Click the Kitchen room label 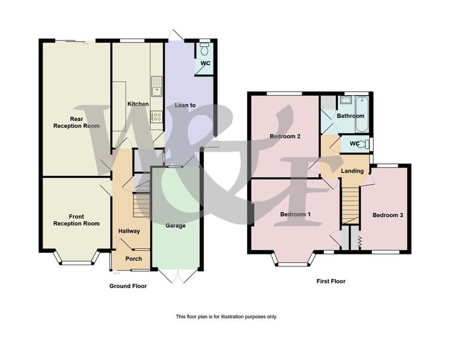click(x=138, y=104)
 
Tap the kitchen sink click(x=157, y=86)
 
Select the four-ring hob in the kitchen click(x=157, y=116)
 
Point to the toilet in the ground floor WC click(x=205, y=49)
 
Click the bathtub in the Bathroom click(x=362, y=114)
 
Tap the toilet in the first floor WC click(x=364, y=143)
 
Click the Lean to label click(x=185, y=106)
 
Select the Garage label click(x=175, y=226)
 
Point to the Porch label click(x=134, y=259)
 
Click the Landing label click(x=352, y=171)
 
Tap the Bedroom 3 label click(x=388, y=215)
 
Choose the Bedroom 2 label click(x=285, y=136)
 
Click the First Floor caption click(x=331, y=281)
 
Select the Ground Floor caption click(x=128, y=286)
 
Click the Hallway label click(x=129, y=231)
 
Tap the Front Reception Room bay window click(x=76, y=259)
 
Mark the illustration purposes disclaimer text click(x=227, y=317)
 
